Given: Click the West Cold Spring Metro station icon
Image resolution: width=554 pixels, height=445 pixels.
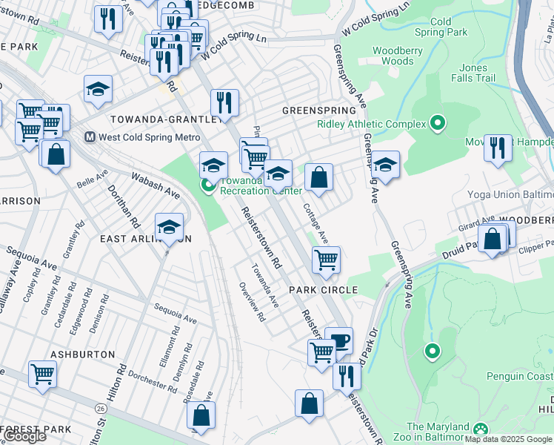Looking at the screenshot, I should click(90, 137).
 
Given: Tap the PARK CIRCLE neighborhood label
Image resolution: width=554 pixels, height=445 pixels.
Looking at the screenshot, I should click(324, 290).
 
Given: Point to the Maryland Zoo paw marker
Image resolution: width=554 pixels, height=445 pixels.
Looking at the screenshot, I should click(481, 429).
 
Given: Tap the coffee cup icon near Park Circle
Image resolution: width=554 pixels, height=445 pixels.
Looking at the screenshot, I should click(339, 340).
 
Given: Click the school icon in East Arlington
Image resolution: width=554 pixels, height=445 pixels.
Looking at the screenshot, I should click(169, 226).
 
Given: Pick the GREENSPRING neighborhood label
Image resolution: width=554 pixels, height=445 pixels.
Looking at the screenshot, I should click(313, 110).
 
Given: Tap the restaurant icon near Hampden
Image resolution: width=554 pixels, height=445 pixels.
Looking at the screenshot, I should click(498, 147).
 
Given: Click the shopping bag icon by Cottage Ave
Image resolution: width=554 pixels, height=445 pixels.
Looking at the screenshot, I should click(318, 177).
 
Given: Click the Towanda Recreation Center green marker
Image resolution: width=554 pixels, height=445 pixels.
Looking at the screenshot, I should click(209, 185).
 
